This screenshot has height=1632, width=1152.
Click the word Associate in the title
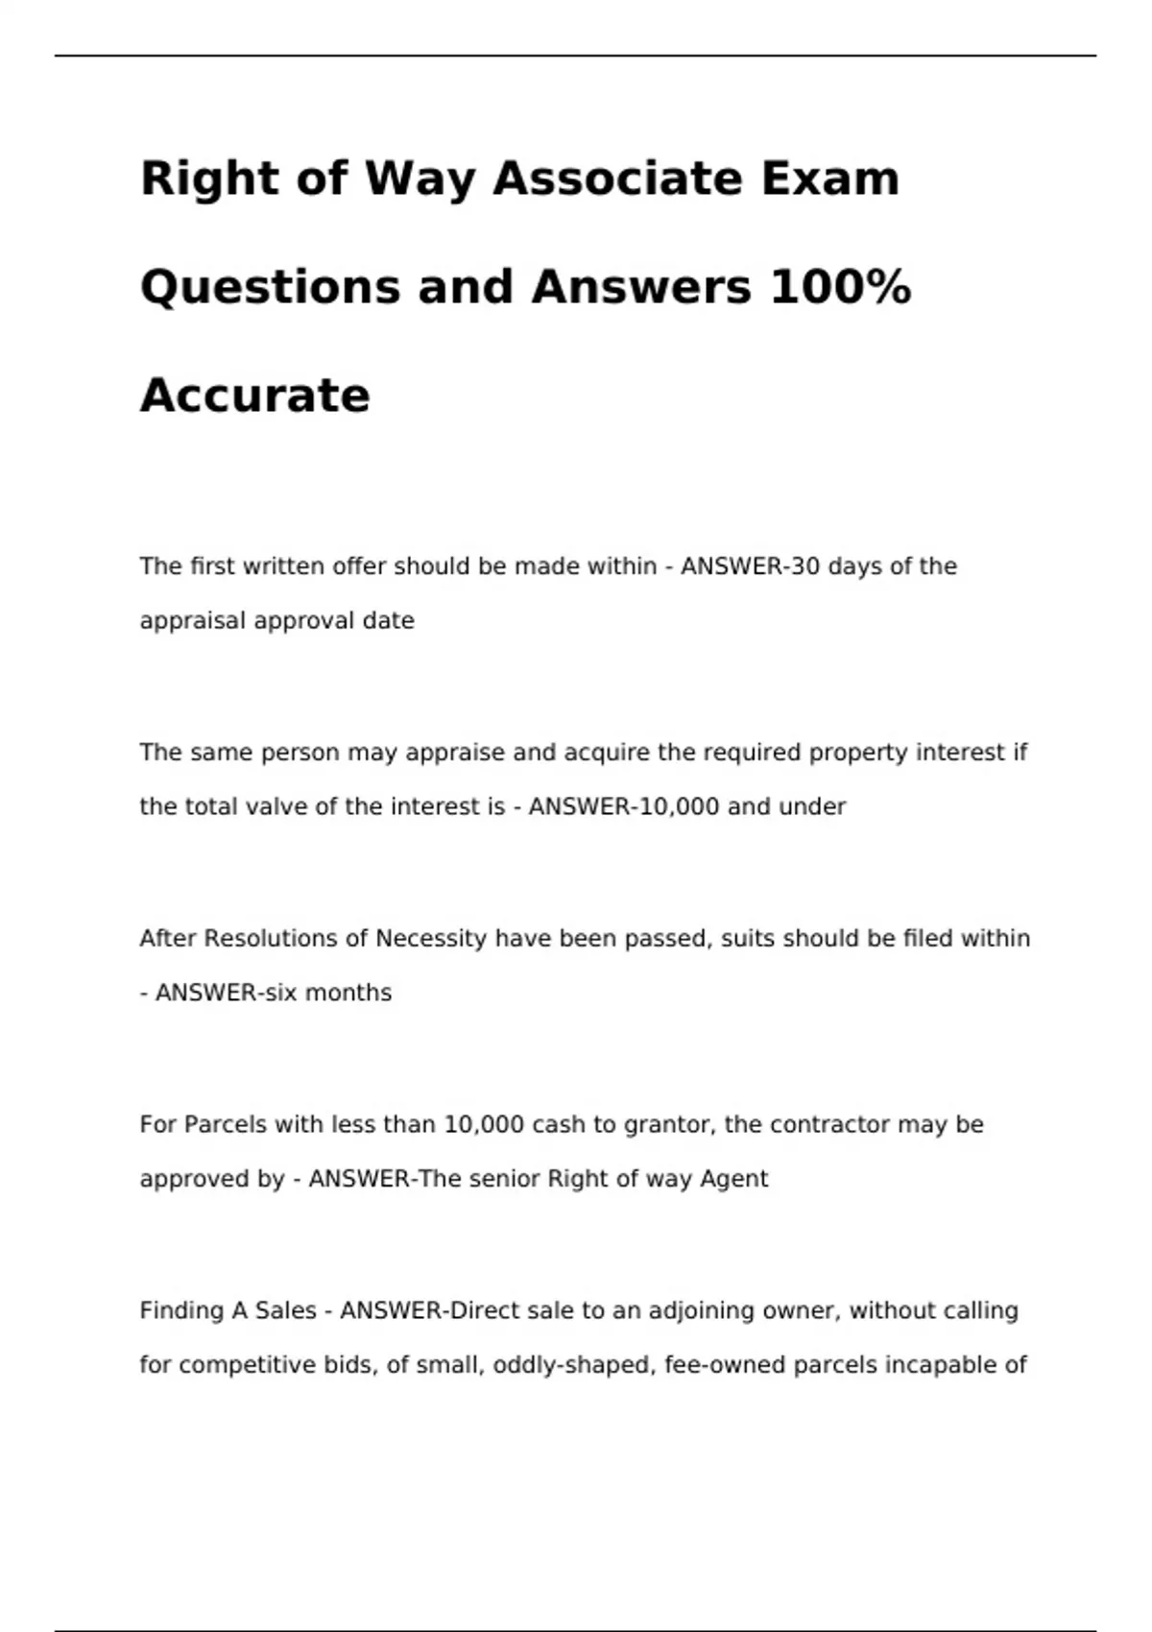click(617, 179)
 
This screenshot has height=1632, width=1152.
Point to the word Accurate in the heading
click(254, 396)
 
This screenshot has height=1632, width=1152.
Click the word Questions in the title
click(270, 287)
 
